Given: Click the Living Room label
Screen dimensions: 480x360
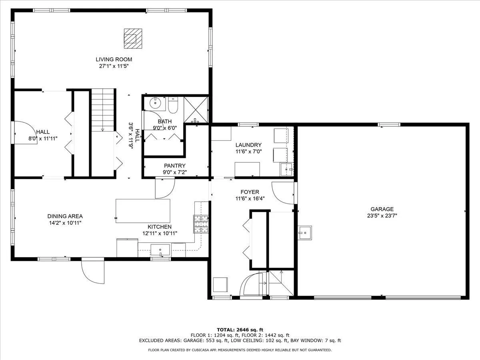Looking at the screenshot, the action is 114,59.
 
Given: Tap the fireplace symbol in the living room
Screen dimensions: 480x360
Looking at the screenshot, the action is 133,38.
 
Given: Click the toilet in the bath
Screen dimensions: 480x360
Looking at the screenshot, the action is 173,105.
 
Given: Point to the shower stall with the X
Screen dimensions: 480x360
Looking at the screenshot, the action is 196,110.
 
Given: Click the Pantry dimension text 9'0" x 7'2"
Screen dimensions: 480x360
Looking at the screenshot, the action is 175,172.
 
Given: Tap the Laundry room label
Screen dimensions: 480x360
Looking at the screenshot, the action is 248,145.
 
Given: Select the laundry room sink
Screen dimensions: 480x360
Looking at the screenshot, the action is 287,169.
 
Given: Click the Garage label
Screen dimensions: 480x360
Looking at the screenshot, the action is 382,209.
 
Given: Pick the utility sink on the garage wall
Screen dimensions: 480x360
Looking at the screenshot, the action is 305,233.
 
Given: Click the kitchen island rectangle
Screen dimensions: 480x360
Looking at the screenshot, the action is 143,211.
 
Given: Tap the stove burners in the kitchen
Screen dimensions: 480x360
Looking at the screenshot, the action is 201,224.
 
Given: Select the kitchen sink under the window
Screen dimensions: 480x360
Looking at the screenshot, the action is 160,250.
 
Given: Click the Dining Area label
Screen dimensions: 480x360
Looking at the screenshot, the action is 65,216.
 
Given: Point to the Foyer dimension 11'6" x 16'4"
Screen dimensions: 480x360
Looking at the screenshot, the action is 250,199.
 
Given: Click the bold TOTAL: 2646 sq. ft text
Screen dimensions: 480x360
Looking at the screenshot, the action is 240,330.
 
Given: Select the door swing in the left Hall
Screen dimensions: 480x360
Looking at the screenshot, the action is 26,132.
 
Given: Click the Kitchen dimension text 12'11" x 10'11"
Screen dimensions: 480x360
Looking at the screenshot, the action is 160,234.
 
